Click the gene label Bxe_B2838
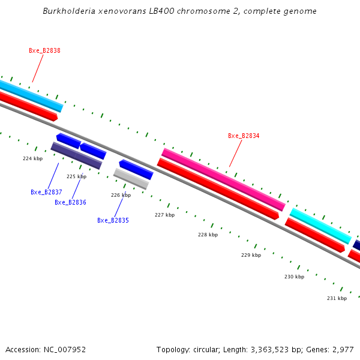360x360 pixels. coord(44,51)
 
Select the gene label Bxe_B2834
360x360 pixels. coord(244,136)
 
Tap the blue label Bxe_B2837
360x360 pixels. coord(46,193)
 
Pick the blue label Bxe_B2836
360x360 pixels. coord(70,203)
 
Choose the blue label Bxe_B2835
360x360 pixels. coord(113,221)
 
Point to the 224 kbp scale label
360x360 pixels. coord(33,159)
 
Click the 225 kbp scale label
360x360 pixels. coord(76,177)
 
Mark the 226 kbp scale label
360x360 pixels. coord(121,196)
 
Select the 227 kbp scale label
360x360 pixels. coord(164,215)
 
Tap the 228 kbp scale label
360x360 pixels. coord(208,235)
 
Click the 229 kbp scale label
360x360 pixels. coord(251,256)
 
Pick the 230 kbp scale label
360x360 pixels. coord(294,277)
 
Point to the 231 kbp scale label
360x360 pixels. coord(337,299)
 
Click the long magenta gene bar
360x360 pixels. coord(223,179)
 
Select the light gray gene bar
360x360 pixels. coord(131,179)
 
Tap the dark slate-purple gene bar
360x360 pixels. coord(76,155)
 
